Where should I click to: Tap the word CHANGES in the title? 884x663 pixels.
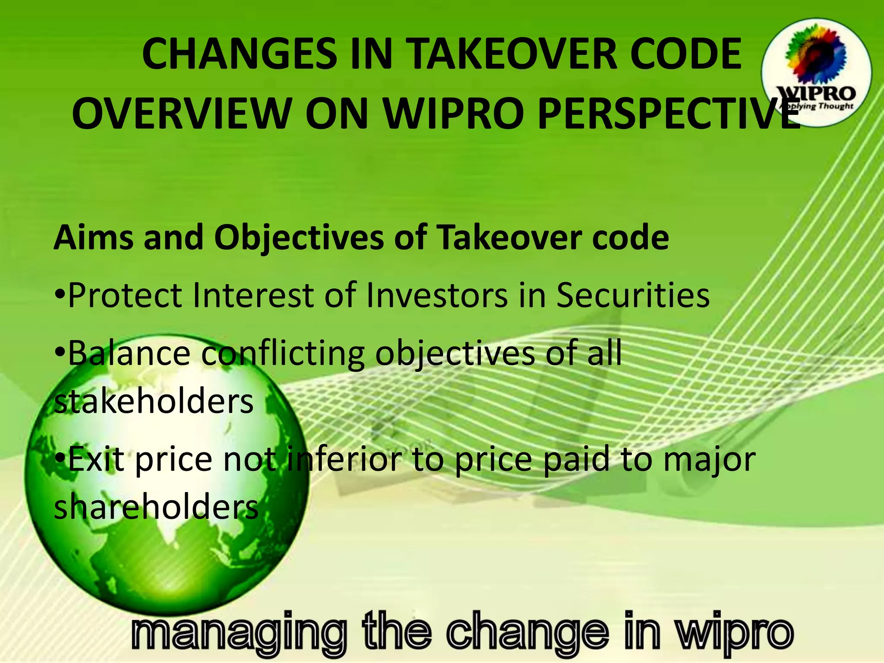click(x=240, y=54)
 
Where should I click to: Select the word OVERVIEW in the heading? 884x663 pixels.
click(x=182, y=114)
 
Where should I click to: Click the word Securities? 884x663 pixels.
click(x=633, y=295)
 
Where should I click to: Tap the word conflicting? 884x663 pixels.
click(x=283, y=353)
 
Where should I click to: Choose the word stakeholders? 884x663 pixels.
click(x=154, y=401)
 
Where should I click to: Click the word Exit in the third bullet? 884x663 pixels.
click(x=96, y=459)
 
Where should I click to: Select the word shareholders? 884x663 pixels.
click(x=156, y=507)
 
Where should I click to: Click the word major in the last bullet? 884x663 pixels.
click(x=709, y=459)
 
